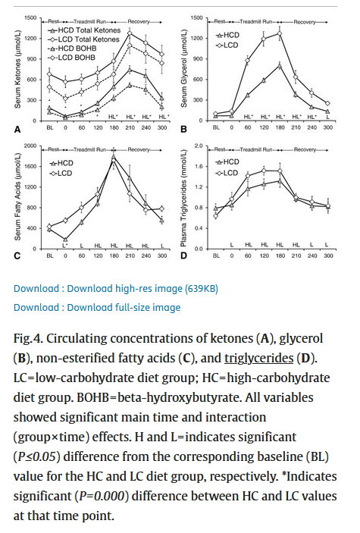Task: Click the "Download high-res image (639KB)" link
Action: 116,289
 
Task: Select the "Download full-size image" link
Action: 97,307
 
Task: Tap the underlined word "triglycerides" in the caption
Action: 258,359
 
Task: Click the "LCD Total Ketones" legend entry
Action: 83,39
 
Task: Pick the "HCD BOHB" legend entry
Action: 72,49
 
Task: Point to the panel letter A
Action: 17,130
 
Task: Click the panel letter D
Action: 183,256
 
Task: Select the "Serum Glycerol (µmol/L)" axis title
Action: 184,68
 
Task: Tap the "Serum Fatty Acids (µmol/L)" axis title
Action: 17,196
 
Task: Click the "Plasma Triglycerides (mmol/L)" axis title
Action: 183,199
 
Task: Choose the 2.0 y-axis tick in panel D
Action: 199,146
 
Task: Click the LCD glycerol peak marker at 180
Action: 280,33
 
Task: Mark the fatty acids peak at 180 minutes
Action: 114,158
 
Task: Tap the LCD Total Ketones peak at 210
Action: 130,33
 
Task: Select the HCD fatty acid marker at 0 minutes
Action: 65,240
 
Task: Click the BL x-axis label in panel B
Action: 216,127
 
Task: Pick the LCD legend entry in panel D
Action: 227,173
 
